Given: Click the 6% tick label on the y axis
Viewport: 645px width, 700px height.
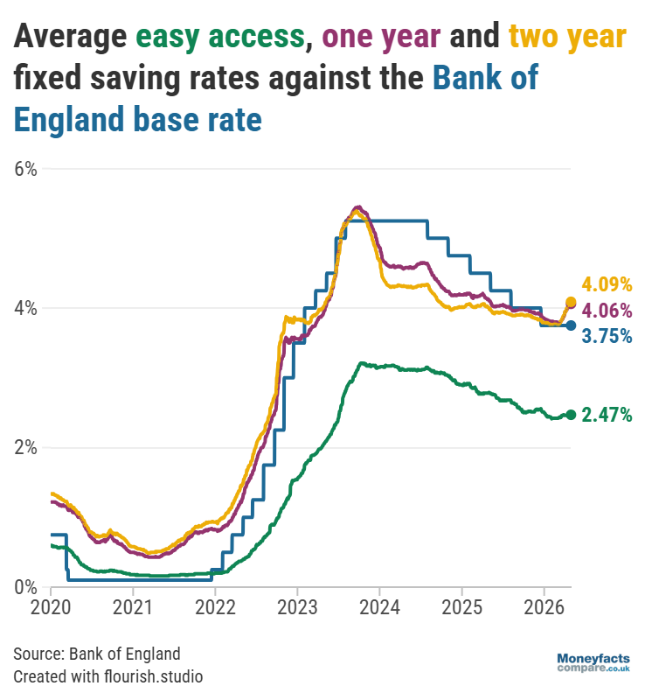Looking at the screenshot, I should click(24, 169).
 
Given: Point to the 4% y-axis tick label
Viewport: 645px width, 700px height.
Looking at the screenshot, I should click(24, 308).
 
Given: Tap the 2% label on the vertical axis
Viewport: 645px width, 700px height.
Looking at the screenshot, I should click(24, 447).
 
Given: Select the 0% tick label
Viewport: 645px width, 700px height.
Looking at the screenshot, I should click(24, 586).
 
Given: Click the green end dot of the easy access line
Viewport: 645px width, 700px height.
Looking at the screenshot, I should click(571, 415).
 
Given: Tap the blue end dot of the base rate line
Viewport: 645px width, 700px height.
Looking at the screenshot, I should click(571, 325).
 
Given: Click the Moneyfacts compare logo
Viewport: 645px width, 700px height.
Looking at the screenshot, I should click(593, 662).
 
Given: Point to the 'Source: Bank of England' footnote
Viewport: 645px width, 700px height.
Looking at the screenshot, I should click(97, 654).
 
